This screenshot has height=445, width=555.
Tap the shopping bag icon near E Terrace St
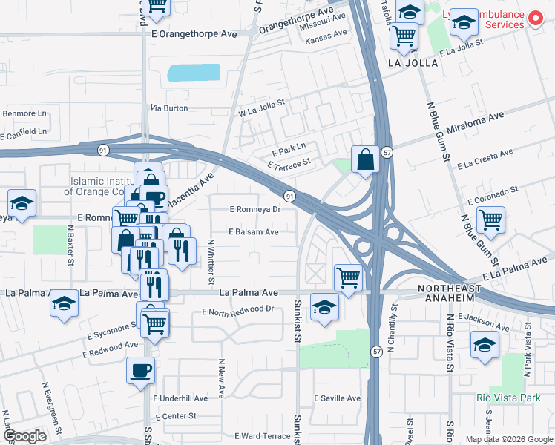click(x=366, y=159)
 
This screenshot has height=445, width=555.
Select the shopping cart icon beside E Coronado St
click(x=490, y=220)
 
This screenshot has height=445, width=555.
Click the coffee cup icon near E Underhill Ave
click(x=140, y=370)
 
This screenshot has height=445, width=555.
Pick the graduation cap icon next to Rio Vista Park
click(x=485, y=345)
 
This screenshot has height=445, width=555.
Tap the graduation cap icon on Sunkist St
click(x=324, y=307)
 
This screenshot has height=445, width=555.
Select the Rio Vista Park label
click(x=508, y=398)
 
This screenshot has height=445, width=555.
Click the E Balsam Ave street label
click(x=254, y=232)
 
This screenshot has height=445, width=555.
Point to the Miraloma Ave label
click(x=475, y=117)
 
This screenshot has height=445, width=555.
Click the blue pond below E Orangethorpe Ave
click(x=194, y=73)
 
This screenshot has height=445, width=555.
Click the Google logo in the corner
click(x=24, y=436)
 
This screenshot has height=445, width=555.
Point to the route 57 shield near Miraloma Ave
click(x=387, y=152)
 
